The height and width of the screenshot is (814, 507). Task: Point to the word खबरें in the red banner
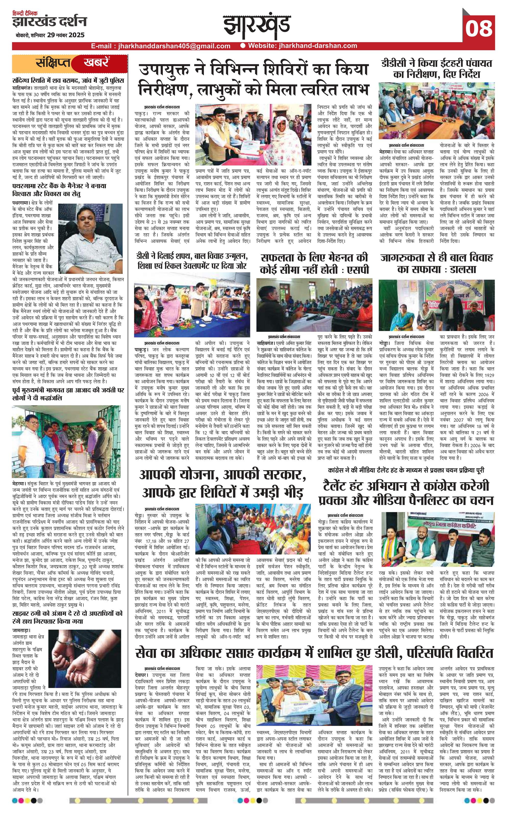tap(96, 63)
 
